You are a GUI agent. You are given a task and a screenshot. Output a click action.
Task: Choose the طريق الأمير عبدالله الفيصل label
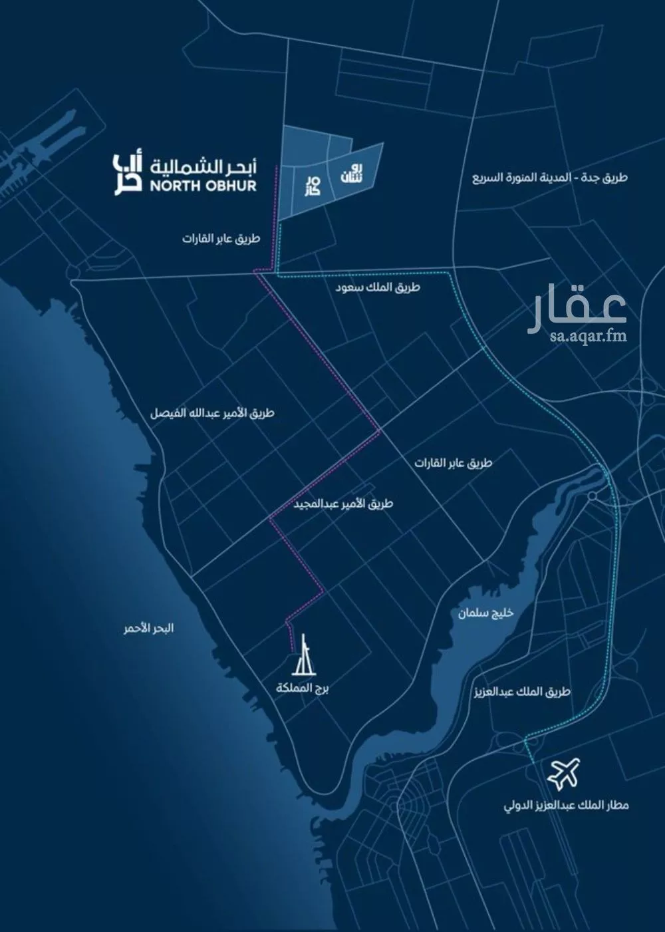click(212, 413)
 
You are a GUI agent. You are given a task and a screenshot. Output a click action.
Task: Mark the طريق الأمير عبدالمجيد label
click(343, 504)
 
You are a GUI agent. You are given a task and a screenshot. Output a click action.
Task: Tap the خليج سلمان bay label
click(485, 612)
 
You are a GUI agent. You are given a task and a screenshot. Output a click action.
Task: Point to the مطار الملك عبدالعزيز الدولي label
click(566, 806)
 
